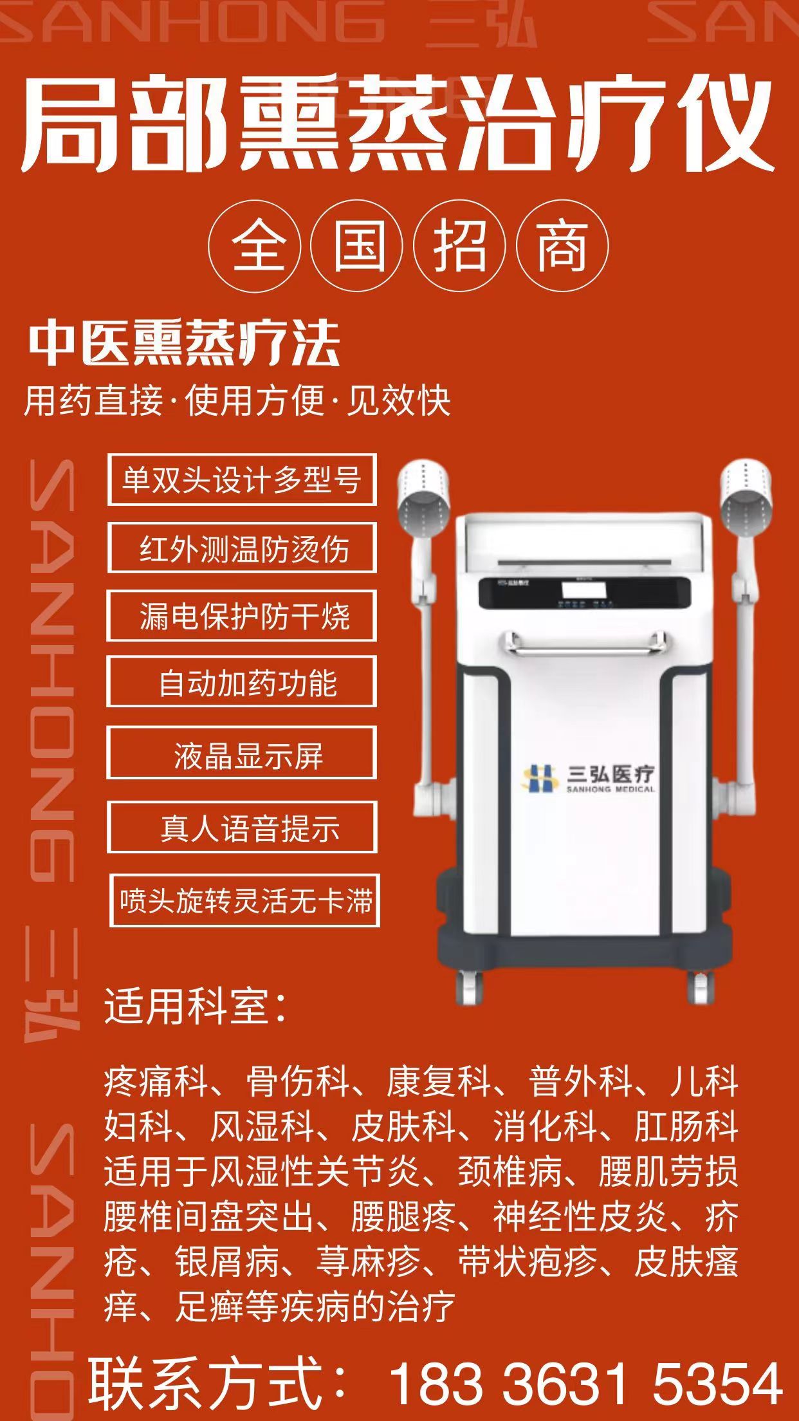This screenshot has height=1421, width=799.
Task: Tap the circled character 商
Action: [x=562, y=246]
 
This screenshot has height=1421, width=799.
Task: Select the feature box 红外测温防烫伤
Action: [x=242, y=548]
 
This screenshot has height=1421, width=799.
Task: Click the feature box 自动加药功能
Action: [x=242, y=682]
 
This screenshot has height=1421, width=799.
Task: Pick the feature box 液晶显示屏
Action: [x=242, y=754]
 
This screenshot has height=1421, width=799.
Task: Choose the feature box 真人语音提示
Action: [x=242, y=828]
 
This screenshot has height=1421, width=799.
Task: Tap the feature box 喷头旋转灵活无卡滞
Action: [x=244, y=900]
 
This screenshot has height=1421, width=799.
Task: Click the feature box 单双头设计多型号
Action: [x=242, y=479]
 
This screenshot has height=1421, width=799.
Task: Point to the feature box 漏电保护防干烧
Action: [x=242, y=616]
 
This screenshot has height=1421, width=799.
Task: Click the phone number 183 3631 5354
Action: [x=585, y=1382]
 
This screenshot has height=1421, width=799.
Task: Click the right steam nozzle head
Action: [x=746, y=492]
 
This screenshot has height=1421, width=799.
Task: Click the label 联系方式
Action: [x=219, y=1382]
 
